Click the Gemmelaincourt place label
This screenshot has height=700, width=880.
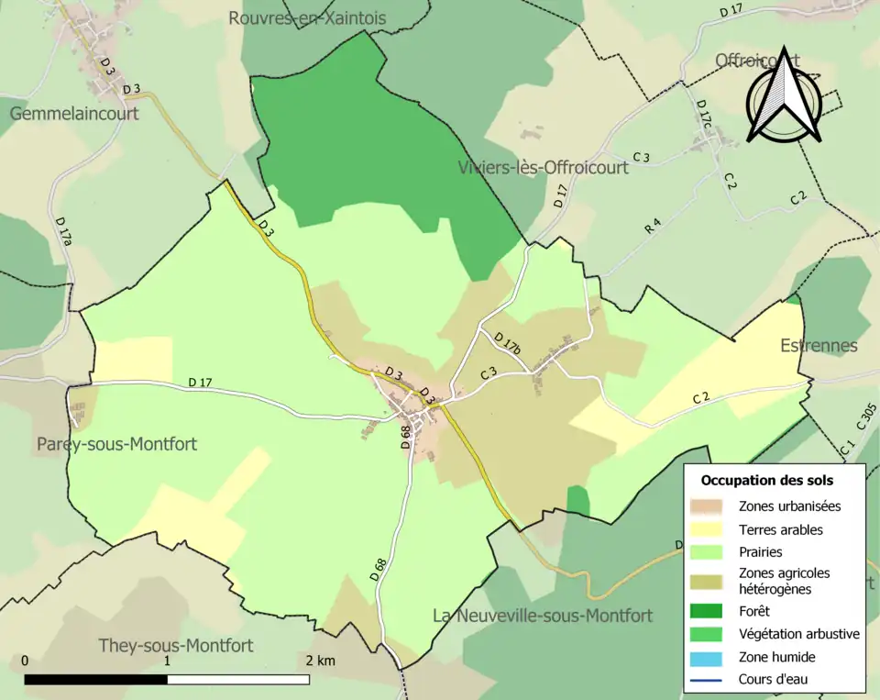[x=74, y=114]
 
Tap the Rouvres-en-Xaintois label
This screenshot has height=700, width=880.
[x=307, y=18]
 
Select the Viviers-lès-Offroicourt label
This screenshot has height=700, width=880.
[x=543, y=168]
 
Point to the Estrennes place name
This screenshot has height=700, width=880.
[x=819, y=346]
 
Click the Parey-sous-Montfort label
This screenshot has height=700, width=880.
[x=116, y=444]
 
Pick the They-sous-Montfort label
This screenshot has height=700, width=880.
[x=176, y=646]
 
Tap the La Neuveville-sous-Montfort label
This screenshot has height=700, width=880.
[x=543, y=615]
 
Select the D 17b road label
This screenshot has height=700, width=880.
[x=507, y=344]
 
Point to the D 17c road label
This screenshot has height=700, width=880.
[x=703, y=116]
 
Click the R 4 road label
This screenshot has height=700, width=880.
[x=653, y=225]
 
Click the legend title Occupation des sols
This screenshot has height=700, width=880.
[x=767, y=480]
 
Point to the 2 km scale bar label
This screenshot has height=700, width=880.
[x=321, y=661]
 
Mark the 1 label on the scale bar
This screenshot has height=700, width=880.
[x=168, y=661]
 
